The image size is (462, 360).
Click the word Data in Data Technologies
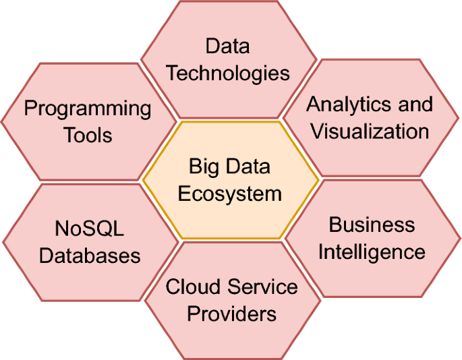tap(228, 47)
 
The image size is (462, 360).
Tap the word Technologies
tap(228, 73)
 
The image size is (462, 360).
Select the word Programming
tap(88, 109)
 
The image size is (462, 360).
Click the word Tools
tap(88, 135)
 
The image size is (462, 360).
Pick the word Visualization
tap(370, 131)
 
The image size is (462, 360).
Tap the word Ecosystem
tap(230, 193)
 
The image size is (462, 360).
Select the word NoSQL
tap(90, 229)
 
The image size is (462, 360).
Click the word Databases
tap(90, 256)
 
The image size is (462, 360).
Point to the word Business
tap(372, 224)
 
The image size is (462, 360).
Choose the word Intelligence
tap(372, 251)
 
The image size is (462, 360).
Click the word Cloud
tap(194, 287)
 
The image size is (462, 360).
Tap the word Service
tap(262, 287)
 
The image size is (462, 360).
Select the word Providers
tap(231, 313)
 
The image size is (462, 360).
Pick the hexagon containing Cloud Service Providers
tap(231, 337)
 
